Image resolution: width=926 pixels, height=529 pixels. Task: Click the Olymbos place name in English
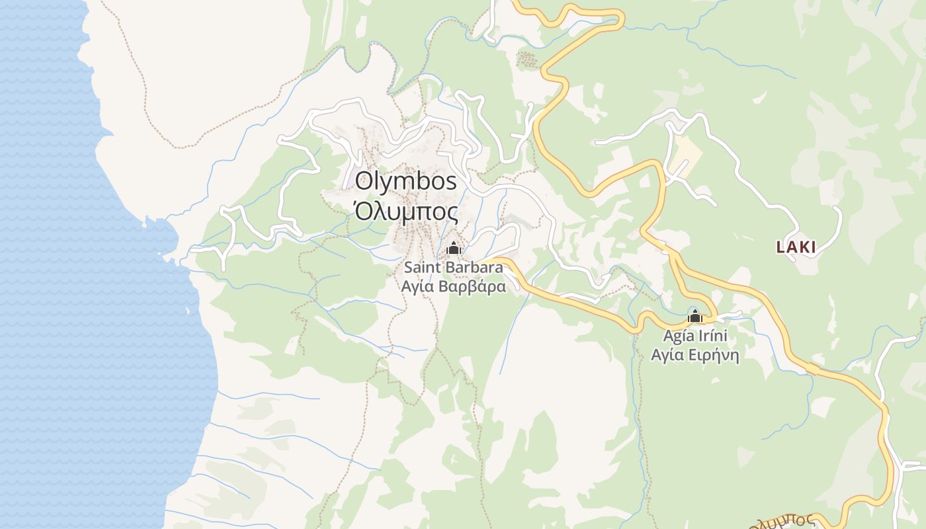406,181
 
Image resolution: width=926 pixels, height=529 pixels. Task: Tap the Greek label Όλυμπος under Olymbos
406,212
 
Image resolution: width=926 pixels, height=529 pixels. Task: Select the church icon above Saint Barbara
454,249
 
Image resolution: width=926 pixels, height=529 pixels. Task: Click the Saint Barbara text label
454,268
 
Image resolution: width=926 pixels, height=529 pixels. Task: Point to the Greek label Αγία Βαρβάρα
454,286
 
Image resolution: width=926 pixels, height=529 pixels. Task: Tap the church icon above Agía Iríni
694,317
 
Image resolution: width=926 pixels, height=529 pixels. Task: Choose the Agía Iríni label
694,336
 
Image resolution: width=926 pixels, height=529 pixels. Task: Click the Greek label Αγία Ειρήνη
694,355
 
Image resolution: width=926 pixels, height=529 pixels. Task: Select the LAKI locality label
796,247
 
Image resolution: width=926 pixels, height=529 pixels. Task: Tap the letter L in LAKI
780,247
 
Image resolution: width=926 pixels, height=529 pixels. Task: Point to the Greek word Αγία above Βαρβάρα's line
417,286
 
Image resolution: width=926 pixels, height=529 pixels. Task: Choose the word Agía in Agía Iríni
677,336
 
